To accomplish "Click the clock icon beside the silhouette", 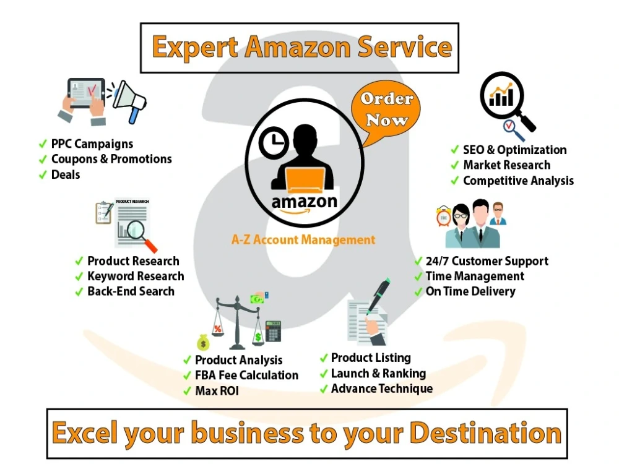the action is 274,143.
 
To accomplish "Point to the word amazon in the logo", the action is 305,202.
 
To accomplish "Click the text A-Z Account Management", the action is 303,239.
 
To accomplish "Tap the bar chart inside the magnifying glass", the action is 501,96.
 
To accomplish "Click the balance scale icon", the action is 237,322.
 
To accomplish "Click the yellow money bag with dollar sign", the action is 203,343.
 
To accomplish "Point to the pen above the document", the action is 379,296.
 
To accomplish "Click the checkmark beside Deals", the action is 43,175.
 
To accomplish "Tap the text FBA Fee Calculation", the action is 247,376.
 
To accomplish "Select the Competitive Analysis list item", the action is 513,181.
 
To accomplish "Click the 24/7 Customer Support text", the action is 487,261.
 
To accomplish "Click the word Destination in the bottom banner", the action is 485,433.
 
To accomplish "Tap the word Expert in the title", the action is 195,48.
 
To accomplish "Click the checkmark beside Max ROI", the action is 187,391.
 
